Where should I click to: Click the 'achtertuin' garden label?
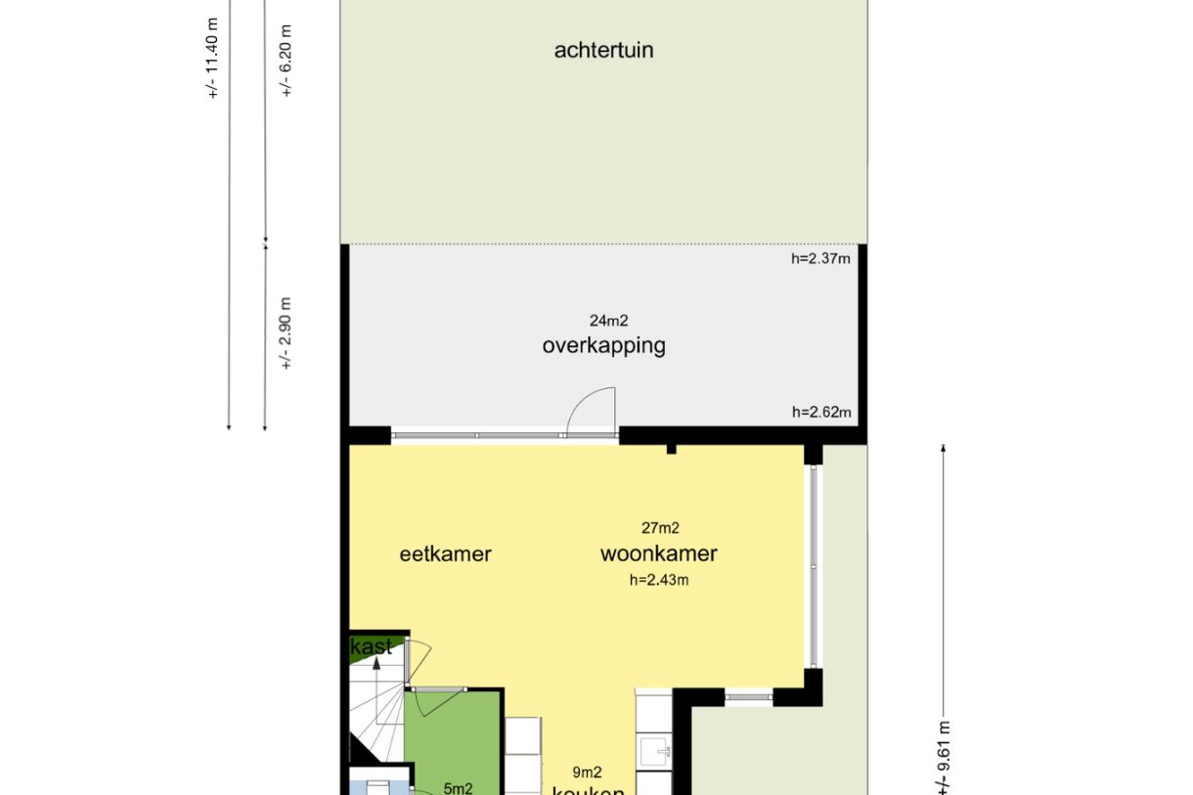(x=603, y=50)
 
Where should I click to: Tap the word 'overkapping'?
(x=603, y=345)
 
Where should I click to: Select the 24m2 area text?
(x=607, y=320)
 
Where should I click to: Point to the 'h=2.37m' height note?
(x=821, y=259)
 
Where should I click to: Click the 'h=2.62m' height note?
(x=821, y=413)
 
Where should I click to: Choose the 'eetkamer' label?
(x=445, y=554)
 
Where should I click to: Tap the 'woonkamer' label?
(x=658, y=554)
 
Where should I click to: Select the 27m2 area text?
(x=660, y=528)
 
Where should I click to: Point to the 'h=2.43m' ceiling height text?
(x=659, y=580)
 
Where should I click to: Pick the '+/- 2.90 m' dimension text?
(x=287, y=332)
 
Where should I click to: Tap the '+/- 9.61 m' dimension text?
(x=944, y=758)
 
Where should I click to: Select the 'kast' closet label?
(x=372, y=646)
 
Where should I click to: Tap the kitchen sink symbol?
(x=653, y=751)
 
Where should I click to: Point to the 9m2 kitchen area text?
(x=587, y=773)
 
